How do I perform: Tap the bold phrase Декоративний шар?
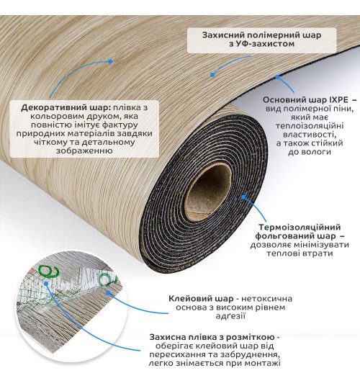pos(66,108)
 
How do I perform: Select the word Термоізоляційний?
pos(300,227)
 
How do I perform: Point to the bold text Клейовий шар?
pos(201,299)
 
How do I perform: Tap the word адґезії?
pos(230,316)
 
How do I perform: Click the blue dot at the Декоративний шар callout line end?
pos(110,61)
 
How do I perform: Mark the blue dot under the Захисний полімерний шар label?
pos(212,74)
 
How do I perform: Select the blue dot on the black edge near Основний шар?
pos(278,77)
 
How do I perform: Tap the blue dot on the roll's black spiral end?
pos(243,197)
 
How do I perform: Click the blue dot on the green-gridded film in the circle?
pos(46,283)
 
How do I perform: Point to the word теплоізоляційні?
pos(310,126)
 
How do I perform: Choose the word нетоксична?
pos(266,299)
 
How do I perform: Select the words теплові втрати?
pos(300,253)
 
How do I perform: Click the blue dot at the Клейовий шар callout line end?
pos(108,292)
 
